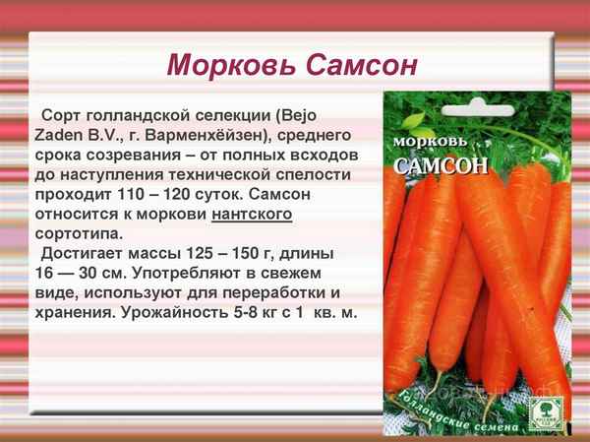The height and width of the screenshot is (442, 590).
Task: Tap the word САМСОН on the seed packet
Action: pos(442,165)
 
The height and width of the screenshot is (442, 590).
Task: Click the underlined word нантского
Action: pos(251,214)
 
